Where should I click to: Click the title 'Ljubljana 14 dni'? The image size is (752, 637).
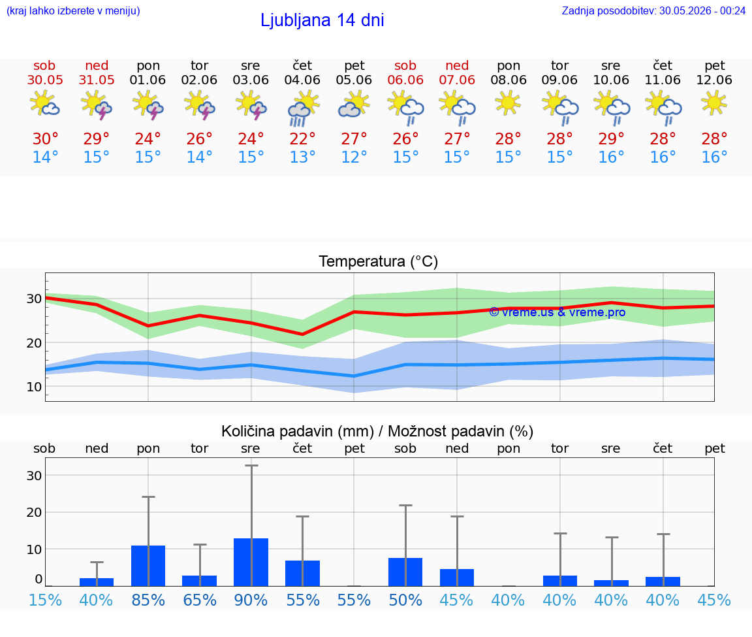tap(322, 20)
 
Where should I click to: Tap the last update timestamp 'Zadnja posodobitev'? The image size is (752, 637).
tap(653, 10)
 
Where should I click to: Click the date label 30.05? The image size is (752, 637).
tap(45, 80)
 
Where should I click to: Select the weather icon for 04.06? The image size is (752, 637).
tap(303, 108)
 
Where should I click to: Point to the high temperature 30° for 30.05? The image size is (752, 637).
tap(45, 139)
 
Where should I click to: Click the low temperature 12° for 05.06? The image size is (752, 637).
tap(354, 157)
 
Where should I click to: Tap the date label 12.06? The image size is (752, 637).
tap(714, 80)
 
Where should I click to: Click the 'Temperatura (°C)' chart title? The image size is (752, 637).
tap(379, 261)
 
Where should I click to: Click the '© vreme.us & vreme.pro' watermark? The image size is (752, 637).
tap(557, 312)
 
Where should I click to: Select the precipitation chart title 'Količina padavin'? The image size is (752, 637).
tap(298, 431)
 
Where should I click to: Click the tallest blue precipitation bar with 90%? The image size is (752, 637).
tap(251, 562)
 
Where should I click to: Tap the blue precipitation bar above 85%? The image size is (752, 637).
tap(148, 566)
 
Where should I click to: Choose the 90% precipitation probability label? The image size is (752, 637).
tap(251, 600)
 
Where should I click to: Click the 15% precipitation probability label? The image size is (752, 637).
tap(45, 600)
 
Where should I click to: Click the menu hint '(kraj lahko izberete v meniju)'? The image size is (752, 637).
tap(73, 10)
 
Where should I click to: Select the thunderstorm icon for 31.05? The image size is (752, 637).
tap(97, 105)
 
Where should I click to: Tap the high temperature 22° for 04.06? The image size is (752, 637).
tap(303, 139)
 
